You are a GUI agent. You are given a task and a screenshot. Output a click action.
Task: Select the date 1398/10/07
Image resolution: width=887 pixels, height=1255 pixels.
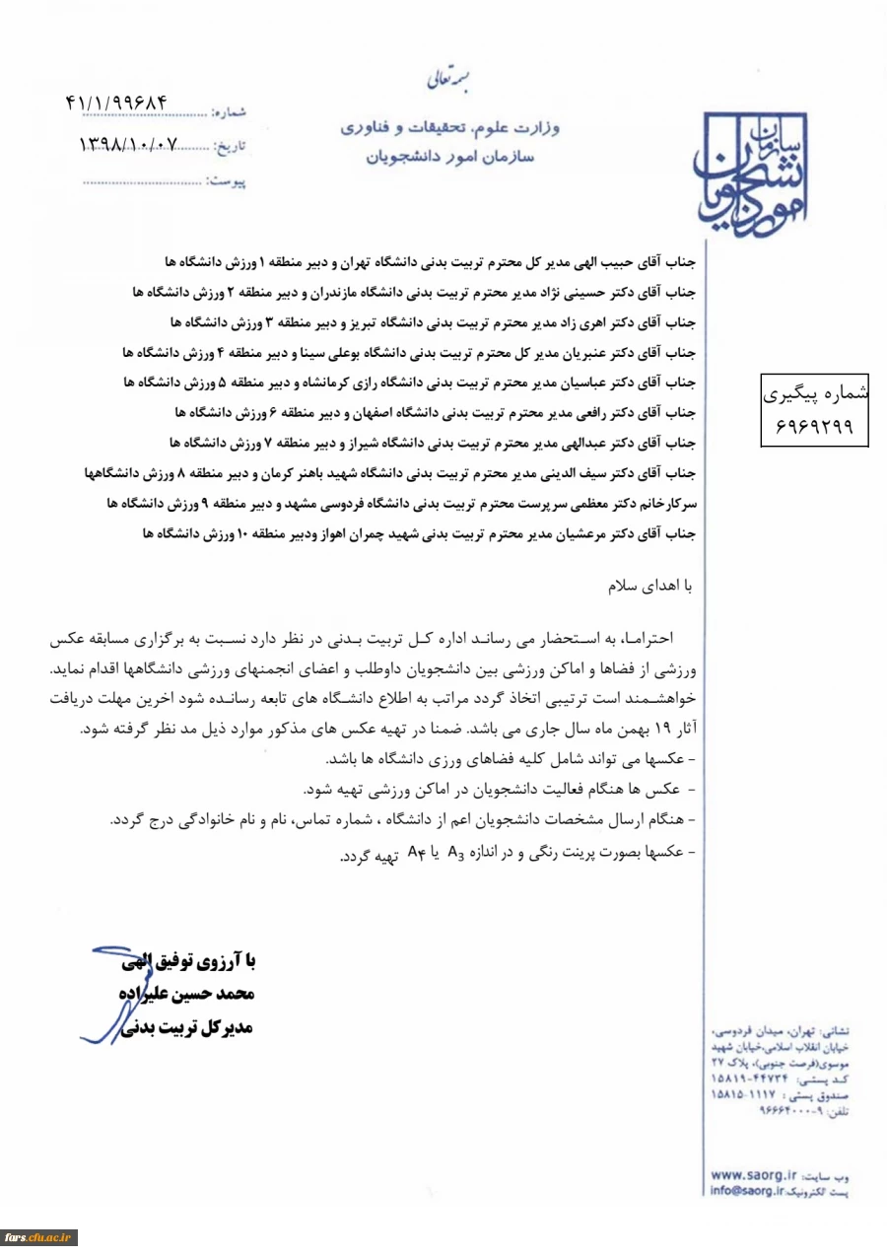pyautogui.click(x=129, y=144)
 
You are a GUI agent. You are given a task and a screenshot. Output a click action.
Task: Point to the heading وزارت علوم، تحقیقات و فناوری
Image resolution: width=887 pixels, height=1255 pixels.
pyautogui.click(x=449, y=130)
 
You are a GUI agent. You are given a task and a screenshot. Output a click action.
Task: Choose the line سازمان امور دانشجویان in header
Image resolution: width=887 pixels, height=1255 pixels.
pyautogui.click(x=449, y=157)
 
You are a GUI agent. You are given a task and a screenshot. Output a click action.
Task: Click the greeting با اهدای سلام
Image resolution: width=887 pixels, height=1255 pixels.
pyautogui.click(x=656, y=586)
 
